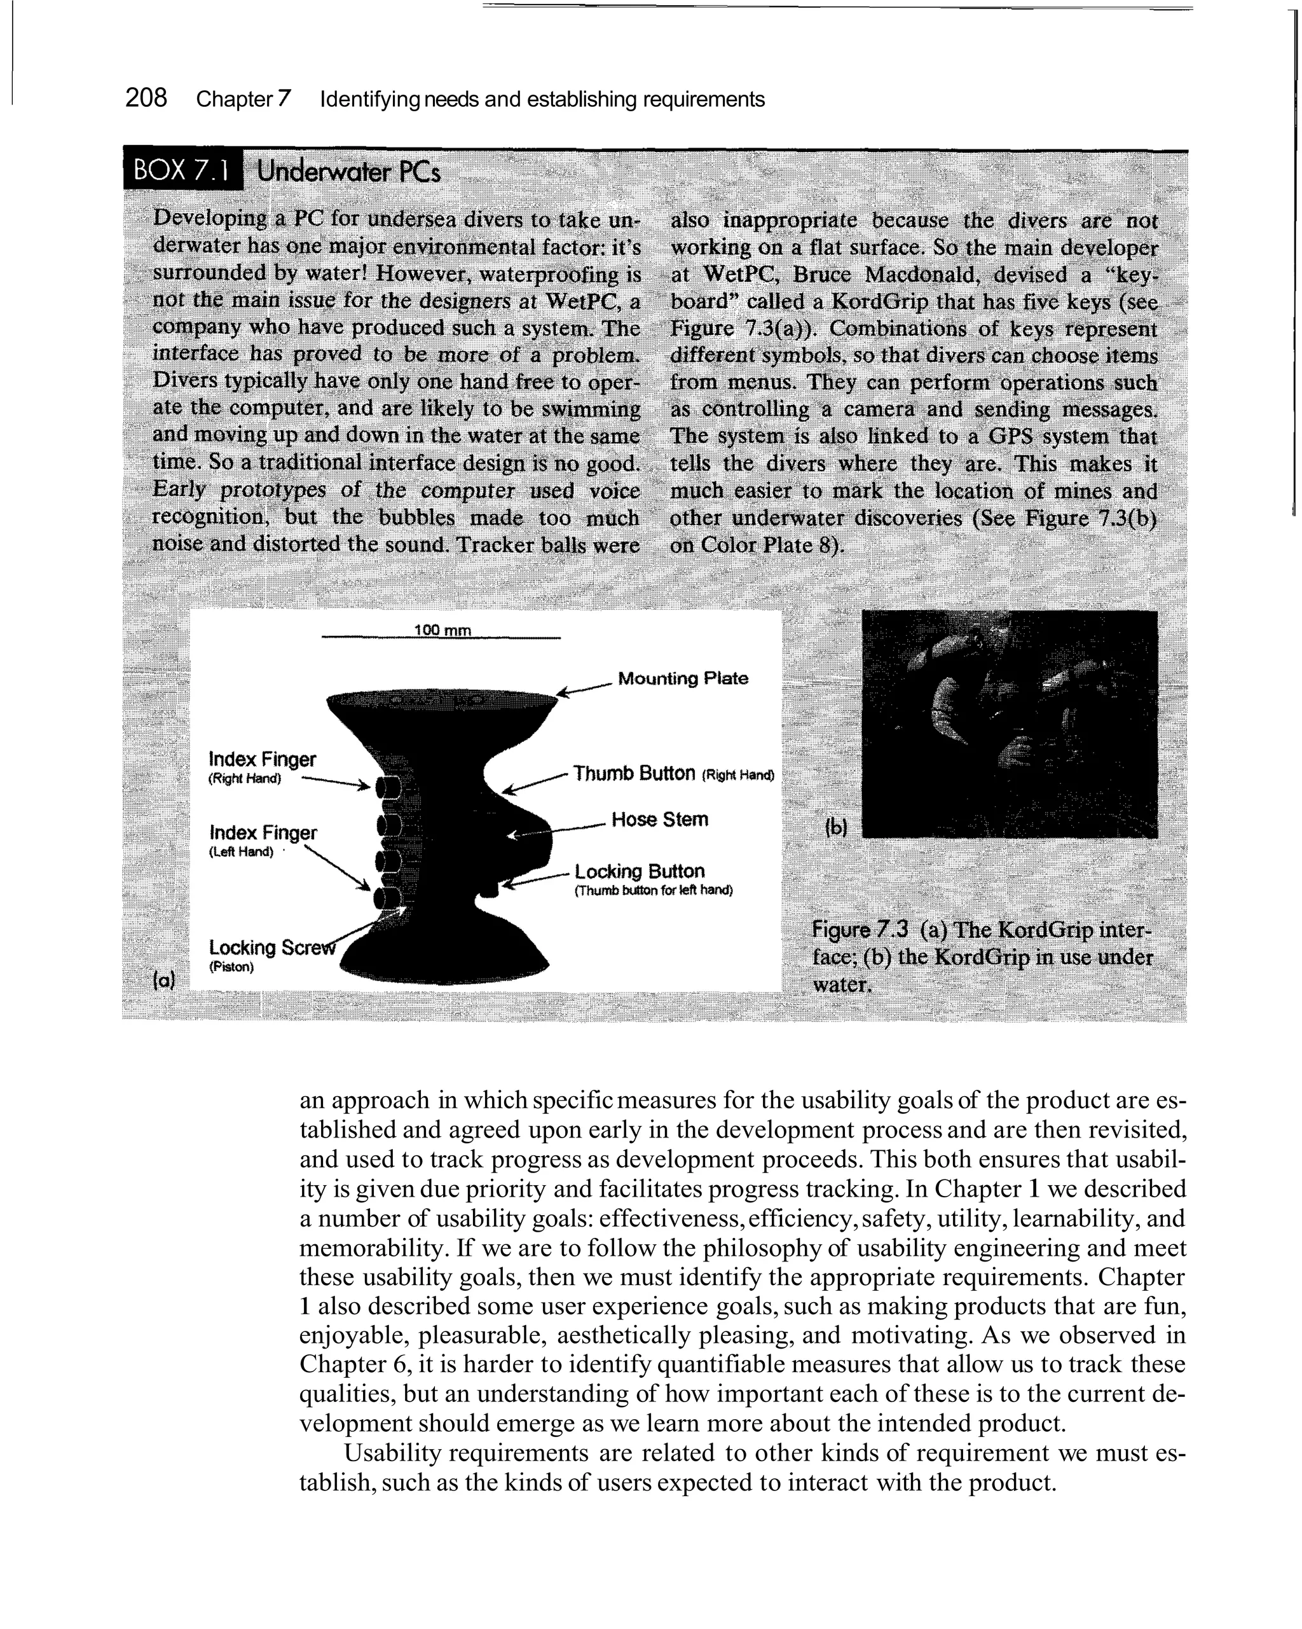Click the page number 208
pyautogui.click(x=146, y=98)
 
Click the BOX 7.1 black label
pyautogui.click(x=181, y=171)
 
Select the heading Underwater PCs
pyautogui.click(x=348, y=172)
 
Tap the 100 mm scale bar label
pyautogui.click(x=442, y=630)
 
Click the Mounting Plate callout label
pyautogui.click(x=682, y=678)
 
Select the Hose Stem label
pyautogui.click(x=660, y=820)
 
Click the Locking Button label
pyautogui.click(x=640, y=871)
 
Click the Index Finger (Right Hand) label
pyautogui.click(x=262, y=759)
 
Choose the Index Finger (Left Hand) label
pyautogui.click(x=263, y=833)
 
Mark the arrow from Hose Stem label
pyautogui.click(x=556, y=830)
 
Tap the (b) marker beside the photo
pyautogui.click(x=837, y=828)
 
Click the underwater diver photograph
pyautogui.click(x=1009, y=723)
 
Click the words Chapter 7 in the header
pyautogui.click(x=243, y=99)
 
